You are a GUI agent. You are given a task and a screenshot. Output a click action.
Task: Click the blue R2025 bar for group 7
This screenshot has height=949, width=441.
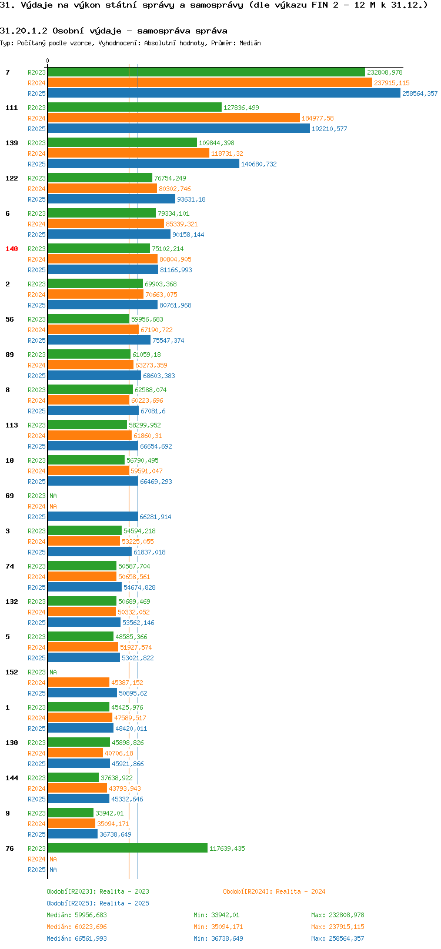coord(223,93)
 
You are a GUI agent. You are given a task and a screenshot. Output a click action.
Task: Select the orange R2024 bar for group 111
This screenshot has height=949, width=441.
coord(173,118)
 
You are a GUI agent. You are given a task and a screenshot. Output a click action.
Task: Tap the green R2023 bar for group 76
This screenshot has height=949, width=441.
coord(128,848)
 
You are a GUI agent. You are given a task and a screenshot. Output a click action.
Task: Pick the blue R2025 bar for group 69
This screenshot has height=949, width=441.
coord(93,517)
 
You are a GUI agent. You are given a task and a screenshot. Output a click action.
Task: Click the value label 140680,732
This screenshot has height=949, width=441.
coord(259,164)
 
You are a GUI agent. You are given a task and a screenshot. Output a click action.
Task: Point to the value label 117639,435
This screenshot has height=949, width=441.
coord(227,848)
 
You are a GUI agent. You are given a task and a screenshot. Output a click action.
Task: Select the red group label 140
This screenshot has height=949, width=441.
coord(11,249)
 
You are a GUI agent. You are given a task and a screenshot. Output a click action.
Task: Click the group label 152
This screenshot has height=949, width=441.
coord(11,672)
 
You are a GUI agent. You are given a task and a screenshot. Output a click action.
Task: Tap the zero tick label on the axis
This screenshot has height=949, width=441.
coord(47,61)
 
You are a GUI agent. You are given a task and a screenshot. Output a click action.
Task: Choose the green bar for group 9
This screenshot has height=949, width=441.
coord(71,813)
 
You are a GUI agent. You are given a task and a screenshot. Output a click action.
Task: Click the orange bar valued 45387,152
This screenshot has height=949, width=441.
coord(78,683)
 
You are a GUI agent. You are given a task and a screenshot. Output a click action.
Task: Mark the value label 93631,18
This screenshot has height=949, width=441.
coord(191,199)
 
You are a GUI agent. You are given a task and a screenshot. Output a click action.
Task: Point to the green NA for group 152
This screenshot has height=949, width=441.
coord(53,672)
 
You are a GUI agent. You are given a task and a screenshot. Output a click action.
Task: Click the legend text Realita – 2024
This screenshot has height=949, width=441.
coord(300,891)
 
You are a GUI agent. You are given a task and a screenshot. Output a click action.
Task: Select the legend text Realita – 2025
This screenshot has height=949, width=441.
coord(124,903)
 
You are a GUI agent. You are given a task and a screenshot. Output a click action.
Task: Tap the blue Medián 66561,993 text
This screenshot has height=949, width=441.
coord(76,938)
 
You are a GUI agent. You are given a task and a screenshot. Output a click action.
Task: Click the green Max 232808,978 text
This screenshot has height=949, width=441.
coord(338,915)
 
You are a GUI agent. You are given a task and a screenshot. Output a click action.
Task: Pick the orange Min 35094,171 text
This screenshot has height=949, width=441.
coord(218,927)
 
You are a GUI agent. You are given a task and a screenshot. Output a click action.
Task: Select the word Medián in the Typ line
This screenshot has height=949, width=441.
coord(250,43)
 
